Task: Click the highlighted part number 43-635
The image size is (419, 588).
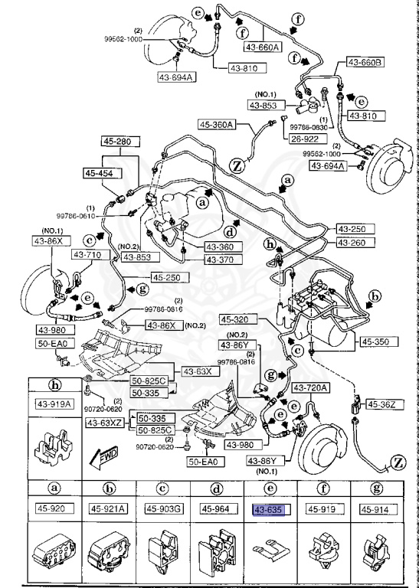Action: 269,509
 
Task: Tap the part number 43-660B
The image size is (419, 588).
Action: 366,61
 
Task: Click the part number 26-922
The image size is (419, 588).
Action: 305,139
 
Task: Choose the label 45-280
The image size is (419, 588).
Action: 118,142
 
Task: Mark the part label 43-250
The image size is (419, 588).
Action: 355,230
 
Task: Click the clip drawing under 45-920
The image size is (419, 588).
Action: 54,553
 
